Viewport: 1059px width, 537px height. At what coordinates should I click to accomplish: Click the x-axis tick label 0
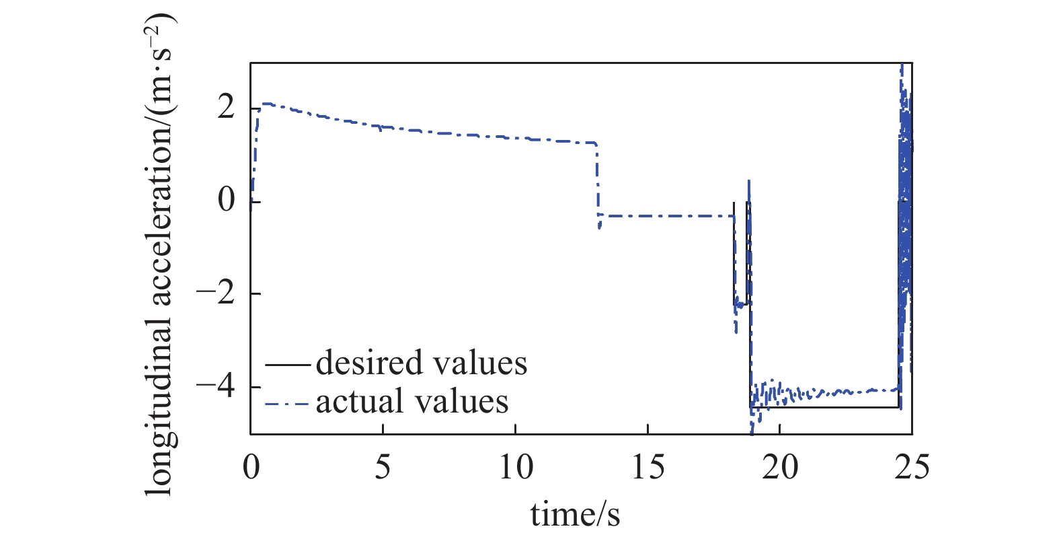click(x=251, y=466)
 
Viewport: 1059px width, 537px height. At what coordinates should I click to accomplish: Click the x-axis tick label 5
click(x=383, y=466)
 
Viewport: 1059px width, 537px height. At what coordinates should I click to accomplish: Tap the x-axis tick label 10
click(x=516, y=466)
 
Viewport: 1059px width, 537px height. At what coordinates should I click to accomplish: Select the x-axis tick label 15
click(x=648, y=466)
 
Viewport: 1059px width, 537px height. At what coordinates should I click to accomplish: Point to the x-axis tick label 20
click(x=780, y=466)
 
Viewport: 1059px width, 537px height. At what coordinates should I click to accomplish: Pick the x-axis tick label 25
click(x=912, y=466)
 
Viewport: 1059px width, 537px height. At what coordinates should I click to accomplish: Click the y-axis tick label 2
click(x=227, y=108)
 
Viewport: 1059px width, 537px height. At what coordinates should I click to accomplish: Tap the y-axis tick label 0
click(x=227, y=201)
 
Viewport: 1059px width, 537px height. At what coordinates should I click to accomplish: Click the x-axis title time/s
click(x=575, y=515)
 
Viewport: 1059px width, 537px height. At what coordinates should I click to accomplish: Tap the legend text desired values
click(x=422, y=363)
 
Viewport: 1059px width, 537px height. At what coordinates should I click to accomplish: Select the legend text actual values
click(x=412, y=402)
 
